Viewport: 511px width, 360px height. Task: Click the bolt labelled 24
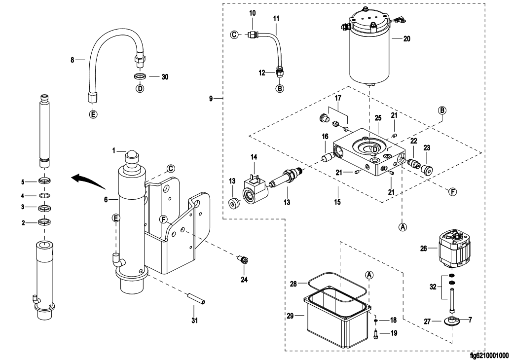click(242, 259)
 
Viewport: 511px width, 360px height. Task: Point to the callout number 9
click(211, 99)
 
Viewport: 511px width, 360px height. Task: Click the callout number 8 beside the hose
click(72, 60)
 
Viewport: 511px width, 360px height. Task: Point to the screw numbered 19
click(376, 335)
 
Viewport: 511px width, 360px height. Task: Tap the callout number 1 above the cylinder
click(113, 150)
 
